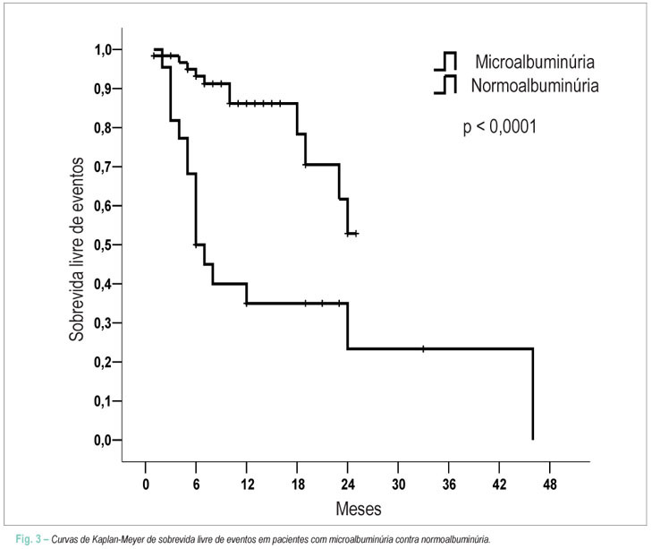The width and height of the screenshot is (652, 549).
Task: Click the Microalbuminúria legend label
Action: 535,62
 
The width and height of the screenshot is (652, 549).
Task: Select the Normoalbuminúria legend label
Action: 535,85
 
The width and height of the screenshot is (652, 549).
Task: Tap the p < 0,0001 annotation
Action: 500,126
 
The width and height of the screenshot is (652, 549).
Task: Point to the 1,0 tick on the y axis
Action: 103,50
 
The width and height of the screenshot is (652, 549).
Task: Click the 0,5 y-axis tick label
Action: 103,244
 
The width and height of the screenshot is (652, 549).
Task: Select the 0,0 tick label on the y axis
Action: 103,440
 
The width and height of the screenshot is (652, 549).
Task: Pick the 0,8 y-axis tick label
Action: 103,128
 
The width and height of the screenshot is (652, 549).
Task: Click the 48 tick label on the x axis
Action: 550,485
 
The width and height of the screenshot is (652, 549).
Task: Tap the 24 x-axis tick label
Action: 348,485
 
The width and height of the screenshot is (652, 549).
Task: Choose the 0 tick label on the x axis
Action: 146,485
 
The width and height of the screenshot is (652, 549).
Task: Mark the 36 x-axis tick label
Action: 449,485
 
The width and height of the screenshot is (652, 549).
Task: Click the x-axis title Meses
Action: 359,509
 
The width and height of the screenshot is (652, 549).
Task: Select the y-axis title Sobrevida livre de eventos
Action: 77,250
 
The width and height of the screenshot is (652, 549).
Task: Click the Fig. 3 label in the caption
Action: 29,539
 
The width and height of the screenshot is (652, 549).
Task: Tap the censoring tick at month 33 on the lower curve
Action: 423,348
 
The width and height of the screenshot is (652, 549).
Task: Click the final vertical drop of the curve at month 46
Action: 533,394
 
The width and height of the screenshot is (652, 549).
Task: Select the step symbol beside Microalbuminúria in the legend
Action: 445,61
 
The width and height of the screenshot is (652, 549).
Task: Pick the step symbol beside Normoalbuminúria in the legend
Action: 445,84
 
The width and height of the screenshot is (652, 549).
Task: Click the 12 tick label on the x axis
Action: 247,485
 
